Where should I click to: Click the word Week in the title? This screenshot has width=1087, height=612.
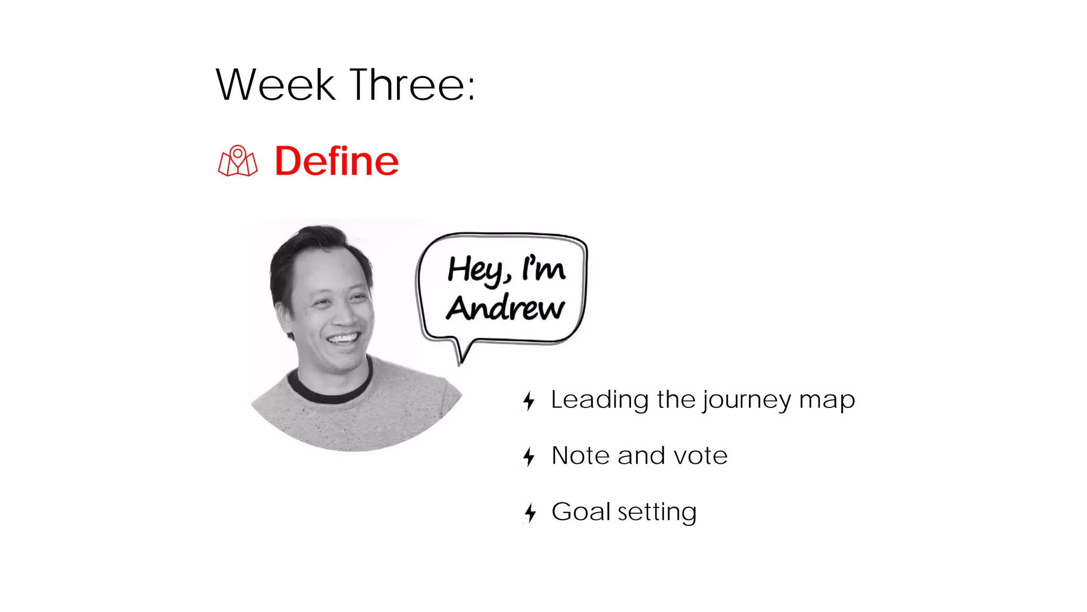pyautogui.click(x=275, y=85)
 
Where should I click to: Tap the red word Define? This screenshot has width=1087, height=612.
pyautogui.click(x=337, y=161)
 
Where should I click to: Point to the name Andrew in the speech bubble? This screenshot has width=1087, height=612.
pyautogui.click(x=505, y=308)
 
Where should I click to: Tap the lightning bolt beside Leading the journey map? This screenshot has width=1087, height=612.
pyautogui.click(x=529, y=401)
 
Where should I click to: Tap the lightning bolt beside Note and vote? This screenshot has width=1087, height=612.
pyautogui.click(x=529, y=456)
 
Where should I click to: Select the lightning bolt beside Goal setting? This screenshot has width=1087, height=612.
pyautogui.click(x=530, y=513)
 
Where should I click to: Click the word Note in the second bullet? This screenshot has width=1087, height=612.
pyautogui.click(x=581, y=456)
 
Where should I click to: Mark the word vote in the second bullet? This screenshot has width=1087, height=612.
pyautogui.click(x=700, y=456)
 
